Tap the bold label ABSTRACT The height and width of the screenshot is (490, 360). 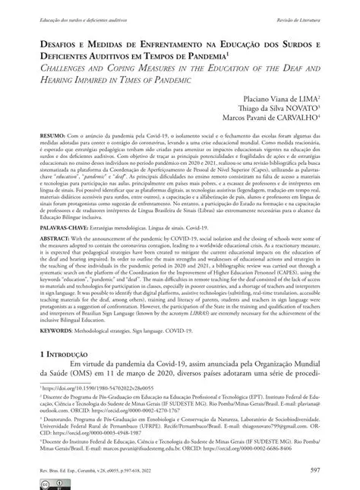pyautogui.click(x=53, y=258)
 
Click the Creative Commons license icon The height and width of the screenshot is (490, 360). pyautogui.click(x=49, y=482)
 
